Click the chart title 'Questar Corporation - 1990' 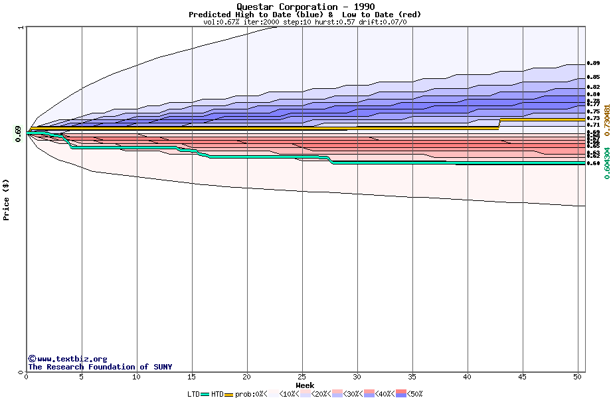[305, 7]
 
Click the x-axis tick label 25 [302, 377]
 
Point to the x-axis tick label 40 [468, 377]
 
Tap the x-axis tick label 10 [136, 377]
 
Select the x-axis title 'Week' [305, 385]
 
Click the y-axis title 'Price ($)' [7, 200]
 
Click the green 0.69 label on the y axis [18, 133]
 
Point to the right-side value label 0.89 [593, 64]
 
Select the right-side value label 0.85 [593, 78]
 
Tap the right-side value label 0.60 [593, 163]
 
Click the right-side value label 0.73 [593, 118]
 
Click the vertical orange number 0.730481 [606, 113]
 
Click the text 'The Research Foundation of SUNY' [100, 367]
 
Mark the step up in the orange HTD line [499, 123]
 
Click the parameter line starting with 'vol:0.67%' [305, 22]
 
